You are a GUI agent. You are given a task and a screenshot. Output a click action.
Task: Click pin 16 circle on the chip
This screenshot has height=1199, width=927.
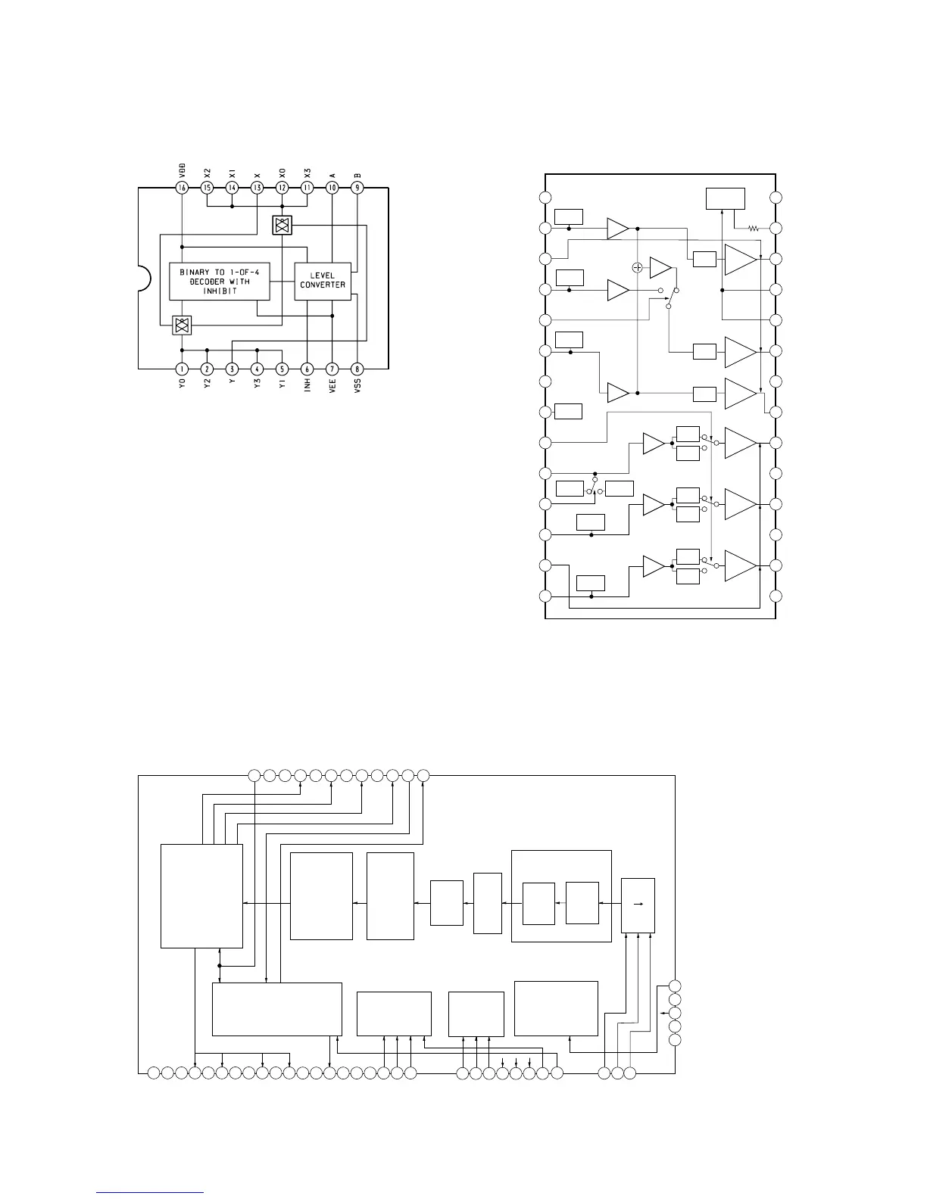coord(182,188)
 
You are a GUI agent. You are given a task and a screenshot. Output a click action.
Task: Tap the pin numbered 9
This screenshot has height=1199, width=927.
coord(357,188)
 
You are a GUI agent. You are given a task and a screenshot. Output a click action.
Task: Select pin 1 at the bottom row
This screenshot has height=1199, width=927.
coord(182,369)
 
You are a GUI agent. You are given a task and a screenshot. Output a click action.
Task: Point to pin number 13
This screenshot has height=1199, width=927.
coord(257,188)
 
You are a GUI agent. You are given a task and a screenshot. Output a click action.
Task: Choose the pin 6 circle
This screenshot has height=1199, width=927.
coord(307,369)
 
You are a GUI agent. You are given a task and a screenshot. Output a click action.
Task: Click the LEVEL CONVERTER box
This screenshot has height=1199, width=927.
coord(323,281)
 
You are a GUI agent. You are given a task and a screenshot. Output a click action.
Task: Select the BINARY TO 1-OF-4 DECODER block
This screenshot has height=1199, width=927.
coord(220,282)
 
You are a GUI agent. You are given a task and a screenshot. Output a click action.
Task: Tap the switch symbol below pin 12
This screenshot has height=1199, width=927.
coord(282,225)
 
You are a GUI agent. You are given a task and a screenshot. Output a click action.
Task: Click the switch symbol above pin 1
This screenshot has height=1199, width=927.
coord(182,325)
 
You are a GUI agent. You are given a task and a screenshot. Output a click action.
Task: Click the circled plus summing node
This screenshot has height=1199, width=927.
coord(638,267)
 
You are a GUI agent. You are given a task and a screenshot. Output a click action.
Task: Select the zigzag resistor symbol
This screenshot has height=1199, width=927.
coord(754,228)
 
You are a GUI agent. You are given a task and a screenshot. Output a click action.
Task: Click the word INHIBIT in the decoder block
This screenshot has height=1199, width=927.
coord(220,291)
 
